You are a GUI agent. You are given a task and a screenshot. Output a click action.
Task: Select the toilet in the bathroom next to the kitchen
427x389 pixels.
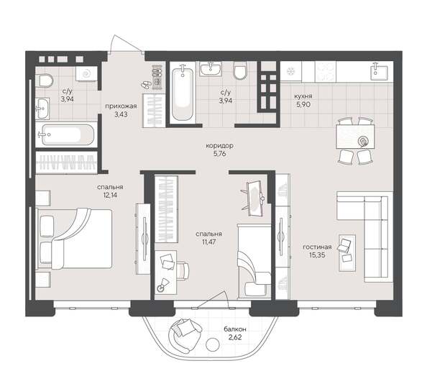(x=239, y=70)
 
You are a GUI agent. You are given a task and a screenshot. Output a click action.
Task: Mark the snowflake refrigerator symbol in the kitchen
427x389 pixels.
(x=290, y=70)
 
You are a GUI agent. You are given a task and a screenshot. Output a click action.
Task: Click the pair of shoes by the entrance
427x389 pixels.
(x=148, y=84)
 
